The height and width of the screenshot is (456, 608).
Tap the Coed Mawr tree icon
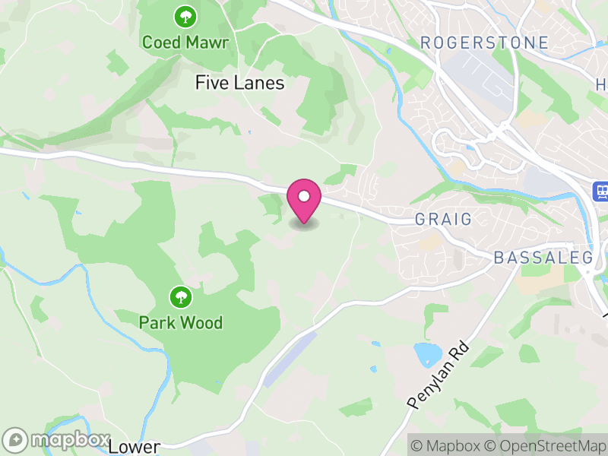pyautogui.click(x=184, y=15)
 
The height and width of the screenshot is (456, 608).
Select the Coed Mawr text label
pyautogui.click(x=185, y=41)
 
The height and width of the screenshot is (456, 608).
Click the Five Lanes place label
pyautogui.click(x=239, y=83)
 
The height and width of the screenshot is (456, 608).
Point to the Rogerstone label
pyautogui.click(x=484, y=43)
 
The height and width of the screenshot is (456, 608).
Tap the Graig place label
pyautogui.click(x=443, y=220)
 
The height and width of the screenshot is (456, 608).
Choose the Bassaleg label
pyautogui.click(x=543, y=258)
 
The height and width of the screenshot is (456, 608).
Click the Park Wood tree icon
pyautogui.click(x=180, y=296)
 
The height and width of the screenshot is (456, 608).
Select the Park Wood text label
pyautogui.click(x=180, y=323)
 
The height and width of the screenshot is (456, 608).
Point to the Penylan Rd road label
pyautogui.click(x=439, y=376)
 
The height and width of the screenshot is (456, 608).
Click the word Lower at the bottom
pyautogui.click(x=135, y=447)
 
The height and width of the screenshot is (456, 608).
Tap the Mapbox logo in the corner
pyautogui.click(x=56, y=440)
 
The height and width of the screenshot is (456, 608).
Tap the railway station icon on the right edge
pyautogui.click(x=601, y=192)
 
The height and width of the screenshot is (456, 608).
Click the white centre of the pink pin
pyautogui.click(x=304, y=196)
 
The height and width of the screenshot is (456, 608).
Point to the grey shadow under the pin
pyautogui.click(x=304, y=224)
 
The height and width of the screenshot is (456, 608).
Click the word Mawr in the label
pyautogui.click(x=204, y=41)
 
